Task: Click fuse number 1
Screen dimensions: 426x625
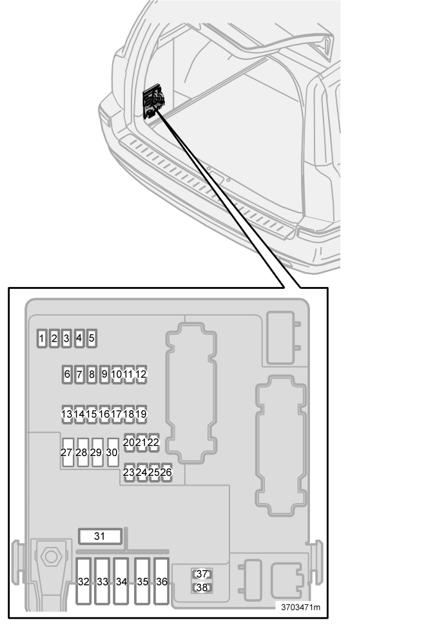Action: [x=42, y=339]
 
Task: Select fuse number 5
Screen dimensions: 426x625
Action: [x=92, y=339]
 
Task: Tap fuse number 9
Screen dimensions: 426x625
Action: [x=104, y=374]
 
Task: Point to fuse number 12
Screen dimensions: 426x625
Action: [x=141, y=374]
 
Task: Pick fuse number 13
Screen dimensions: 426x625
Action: [x=66, y=414]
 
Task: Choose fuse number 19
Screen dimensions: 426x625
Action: [x=141, y=414]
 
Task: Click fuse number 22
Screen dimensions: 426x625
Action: [x=153, y=443]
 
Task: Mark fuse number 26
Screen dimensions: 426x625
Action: [x=166, y=472]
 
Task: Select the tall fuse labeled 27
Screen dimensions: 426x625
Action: [x=68, y=452]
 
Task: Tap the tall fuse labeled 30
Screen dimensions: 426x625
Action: [x=113, y=452]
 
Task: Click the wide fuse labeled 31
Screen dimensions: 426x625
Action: [x=100, y=537]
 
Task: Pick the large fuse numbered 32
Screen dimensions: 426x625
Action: [x=84, y=582]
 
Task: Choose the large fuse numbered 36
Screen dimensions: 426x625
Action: [x=161, y=582]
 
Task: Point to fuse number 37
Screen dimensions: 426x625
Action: [x=202, y=574]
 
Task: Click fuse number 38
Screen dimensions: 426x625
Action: [x=202, y=588]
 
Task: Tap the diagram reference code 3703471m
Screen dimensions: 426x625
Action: [x=300, y=608]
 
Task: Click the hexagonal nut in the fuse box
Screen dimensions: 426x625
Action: [x=51, y=557]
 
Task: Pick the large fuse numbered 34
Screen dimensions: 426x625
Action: [x=121, y=582]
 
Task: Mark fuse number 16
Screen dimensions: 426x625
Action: [x=104, y=414]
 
